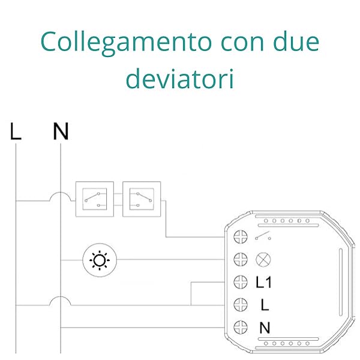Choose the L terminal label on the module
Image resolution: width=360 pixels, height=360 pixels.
(x=265, y=305)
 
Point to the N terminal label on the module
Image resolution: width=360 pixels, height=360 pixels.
(x=265, y=328)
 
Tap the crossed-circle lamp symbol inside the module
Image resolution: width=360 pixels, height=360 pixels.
(x=263, y=260)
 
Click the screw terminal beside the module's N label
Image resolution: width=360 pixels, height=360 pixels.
(x=240, y=328)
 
